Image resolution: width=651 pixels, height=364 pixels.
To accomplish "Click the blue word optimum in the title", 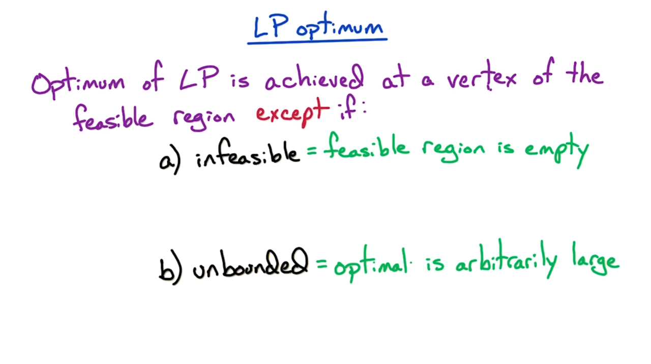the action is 339,26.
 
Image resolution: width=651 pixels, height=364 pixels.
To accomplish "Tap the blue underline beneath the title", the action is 317,41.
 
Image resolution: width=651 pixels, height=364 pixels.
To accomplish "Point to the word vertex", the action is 482,76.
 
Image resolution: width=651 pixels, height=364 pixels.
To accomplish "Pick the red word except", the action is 292,113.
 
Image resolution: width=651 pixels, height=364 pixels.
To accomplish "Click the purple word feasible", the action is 113,118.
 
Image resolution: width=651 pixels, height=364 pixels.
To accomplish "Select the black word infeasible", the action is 248,154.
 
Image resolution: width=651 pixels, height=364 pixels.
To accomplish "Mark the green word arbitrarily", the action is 506,259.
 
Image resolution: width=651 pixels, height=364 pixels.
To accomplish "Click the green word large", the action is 596,259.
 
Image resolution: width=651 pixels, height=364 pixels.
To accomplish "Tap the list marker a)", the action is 170,160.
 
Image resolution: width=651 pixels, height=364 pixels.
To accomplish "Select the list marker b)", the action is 170,267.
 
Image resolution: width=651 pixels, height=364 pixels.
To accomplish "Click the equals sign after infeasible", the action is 311,150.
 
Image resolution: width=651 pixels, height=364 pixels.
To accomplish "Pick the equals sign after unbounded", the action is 321,264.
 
